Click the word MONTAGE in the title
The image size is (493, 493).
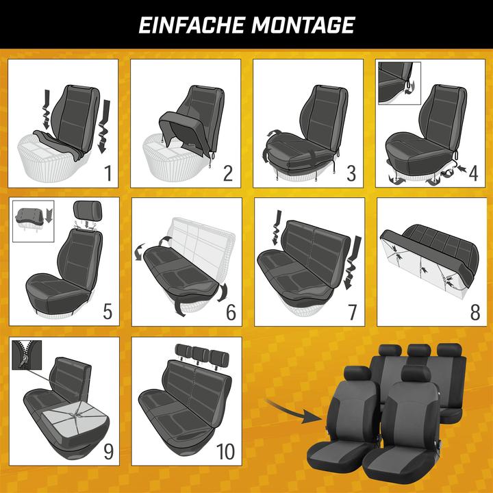tap(303, 25)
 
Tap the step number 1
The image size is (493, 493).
tap(108, 173)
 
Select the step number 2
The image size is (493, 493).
tap(228, 173)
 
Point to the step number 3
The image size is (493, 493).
tap(351, 173)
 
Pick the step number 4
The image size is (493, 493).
tap(474, 173)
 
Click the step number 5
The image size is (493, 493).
tap(108, 312)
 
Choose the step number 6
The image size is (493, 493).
tap(231, 312)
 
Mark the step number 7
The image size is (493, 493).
tap(353, 312)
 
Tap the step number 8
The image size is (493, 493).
tap(475, 312)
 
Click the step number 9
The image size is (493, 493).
tap(108, 452)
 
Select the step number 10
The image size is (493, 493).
tap(225, 452)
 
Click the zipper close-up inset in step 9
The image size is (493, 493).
tap(27, 355)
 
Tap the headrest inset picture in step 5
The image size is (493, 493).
tap(34, 221)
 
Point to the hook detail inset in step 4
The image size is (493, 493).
tap(399, 83)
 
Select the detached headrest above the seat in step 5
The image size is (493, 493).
tap(88, 211)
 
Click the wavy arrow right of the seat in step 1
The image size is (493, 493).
tap(104, 127)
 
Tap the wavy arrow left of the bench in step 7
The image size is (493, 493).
tap(276, 227)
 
